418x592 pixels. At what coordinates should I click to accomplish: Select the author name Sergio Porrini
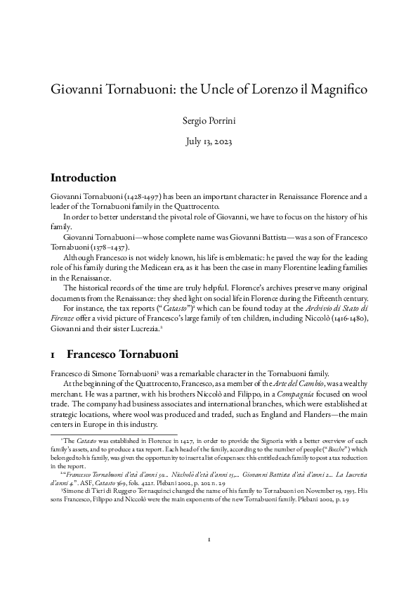pyautogui.click(x=209, y=122)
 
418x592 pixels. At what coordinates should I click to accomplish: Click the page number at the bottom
pyautogui.click(x=209, y=560)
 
